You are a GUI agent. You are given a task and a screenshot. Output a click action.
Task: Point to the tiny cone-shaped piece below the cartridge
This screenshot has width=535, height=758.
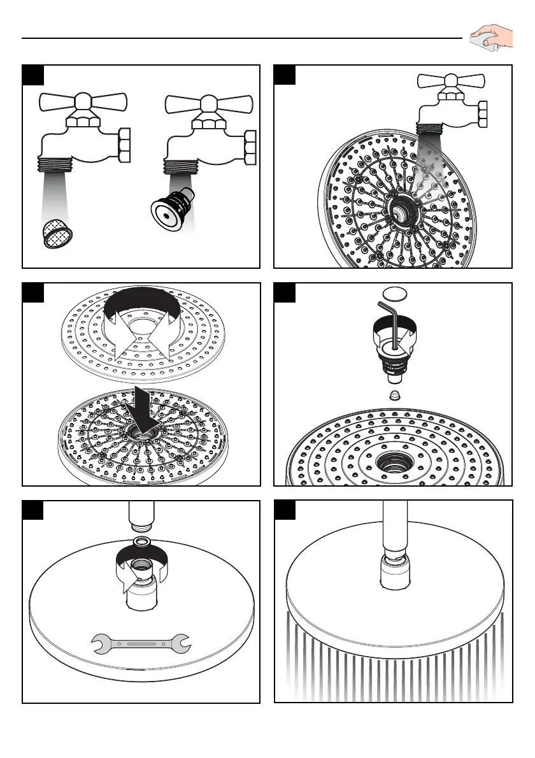394,395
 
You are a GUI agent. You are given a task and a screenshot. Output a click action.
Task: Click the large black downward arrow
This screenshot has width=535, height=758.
141,408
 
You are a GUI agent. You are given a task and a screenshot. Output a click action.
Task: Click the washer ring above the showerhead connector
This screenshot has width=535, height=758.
141,542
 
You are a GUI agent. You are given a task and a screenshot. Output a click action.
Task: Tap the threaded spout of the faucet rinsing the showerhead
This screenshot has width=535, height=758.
431,127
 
